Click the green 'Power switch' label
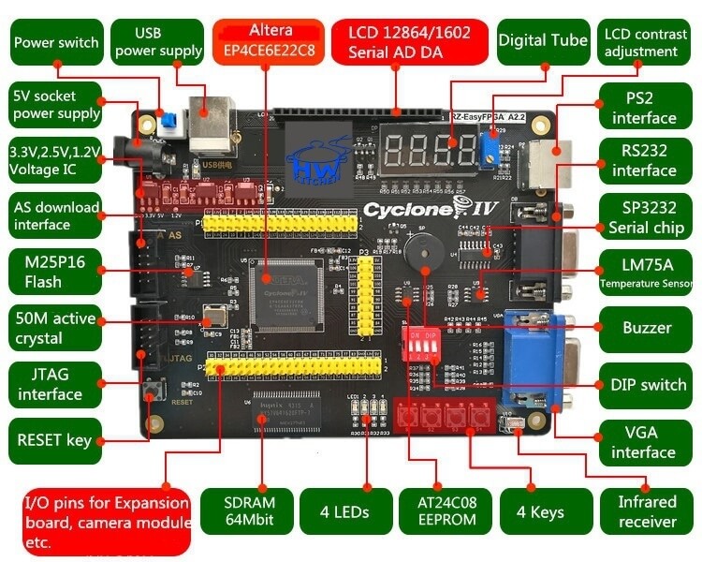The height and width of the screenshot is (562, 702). click(x=55, y=42)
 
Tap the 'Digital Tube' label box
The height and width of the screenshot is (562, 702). click(x=543, y=41)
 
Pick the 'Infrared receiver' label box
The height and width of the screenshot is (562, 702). click(x=647, y=511)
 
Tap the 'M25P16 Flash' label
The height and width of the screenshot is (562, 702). click(x=55, y=272)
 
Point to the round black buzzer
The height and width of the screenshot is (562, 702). click(x=424, y=252)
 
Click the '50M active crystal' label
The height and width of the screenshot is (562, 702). click(x=55, y=328)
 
